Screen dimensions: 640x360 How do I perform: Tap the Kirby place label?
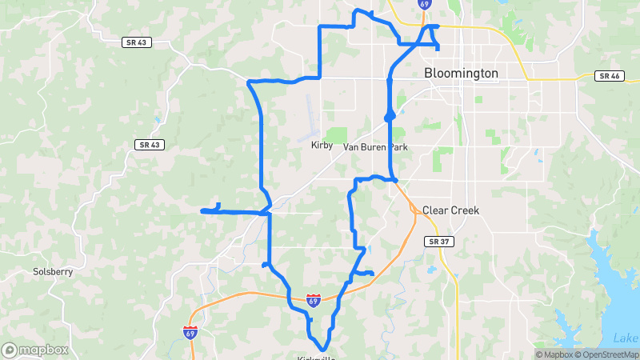tap(321, 146)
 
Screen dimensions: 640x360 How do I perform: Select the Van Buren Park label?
tap(375, 147)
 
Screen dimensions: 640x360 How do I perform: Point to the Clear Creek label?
tap(450, 210)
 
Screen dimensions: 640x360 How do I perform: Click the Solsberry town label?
tap(53, 271)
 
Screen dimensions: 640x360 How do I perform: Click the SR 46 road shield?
tap(609, 76)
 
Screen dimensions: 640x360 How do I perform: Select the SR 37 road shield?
tap(436, 241)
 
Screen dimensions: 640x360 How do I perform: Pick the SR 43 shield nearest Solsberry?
tap(149, 145)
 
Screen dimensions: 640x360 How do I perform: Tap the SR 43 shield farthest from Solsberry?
tap(136, 42)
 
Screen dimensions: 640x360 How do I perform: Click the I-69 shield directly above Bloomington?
tap(424, 4)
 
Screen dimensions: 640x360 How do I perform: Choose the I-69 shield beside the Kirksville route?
tap(314, 300)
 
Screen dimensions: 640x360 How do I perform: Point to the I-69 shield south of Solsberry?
tap(190, 332)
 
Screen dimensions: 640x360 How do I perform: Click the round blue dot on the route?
tap(390, 118)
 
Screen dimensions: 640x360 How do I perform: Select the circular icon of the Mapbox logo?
tap(10, 350)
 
